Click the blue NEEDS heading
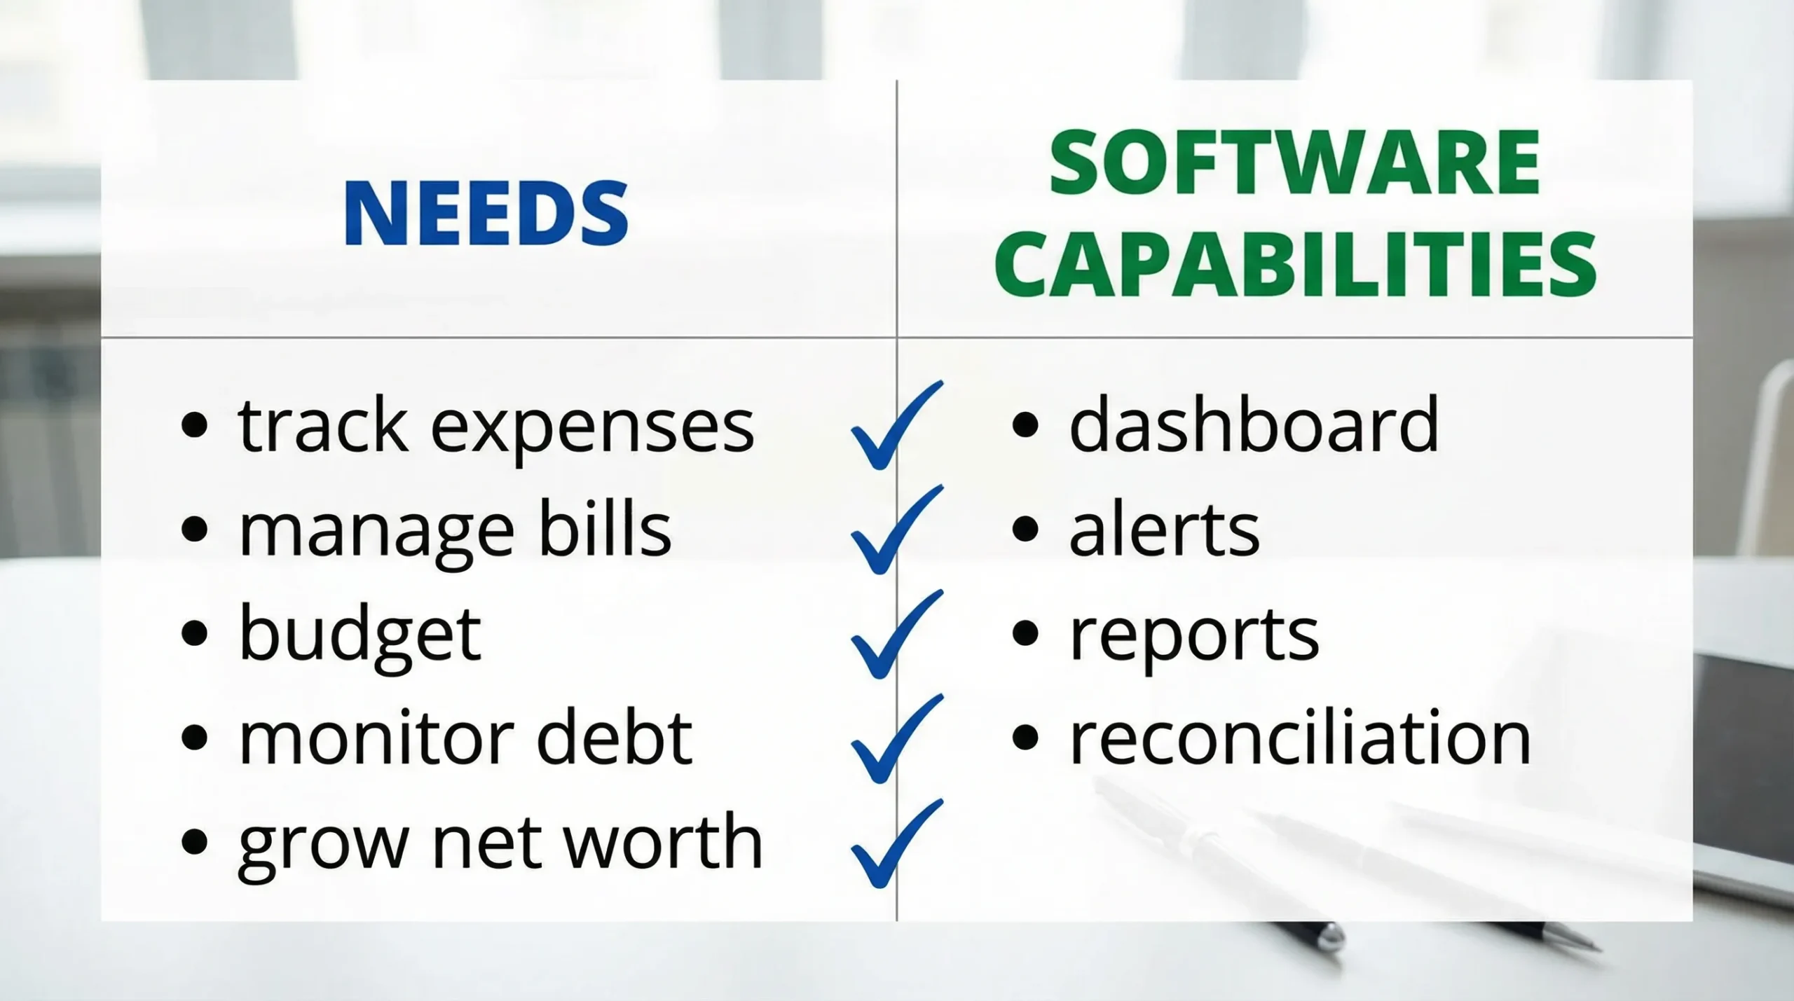(x=486, y=213)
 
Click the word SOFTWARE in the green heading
(x=1294, y=163)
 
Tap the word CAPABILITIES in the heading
(x=1294, y=266)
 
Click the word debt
(x=615, y=738)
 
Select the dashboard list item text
(x=1254, y=424)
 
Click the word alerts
(x=1164, y=530)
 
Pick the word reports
(x=1193, y=636)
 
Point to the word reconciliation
(x=1300, y=738)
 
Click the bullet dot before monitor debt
(x=194, y=738)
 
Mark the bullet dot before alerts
(x=1025, y=530)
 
